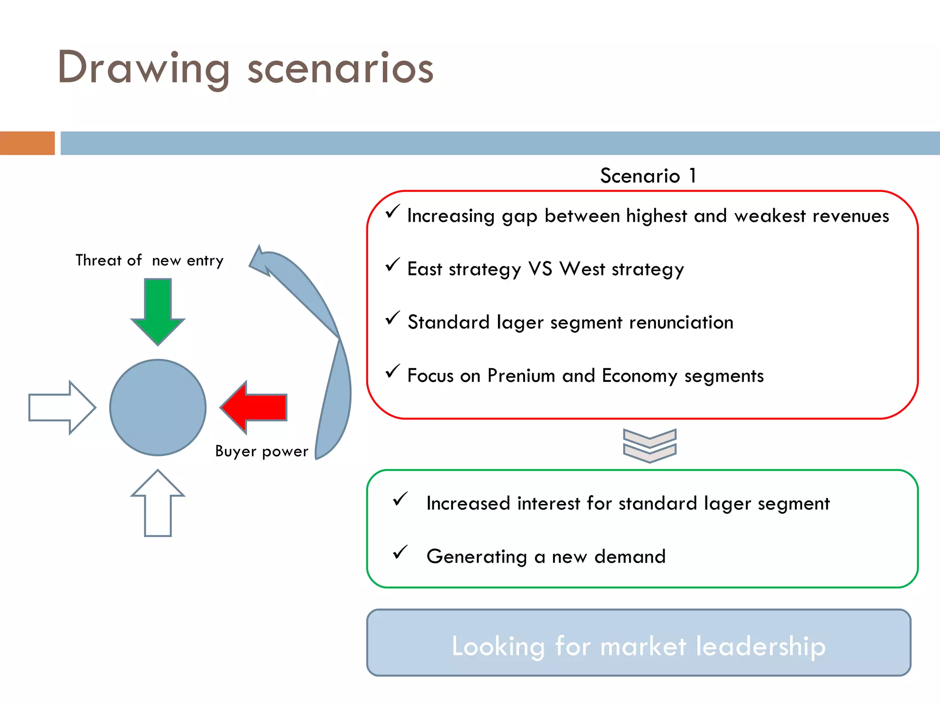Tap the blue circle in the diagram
[x=158, y=408]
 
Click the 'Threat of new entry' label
[x=150, y=261]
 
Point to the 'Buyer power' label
[x=262, y=452]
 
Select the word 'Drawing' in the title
[x=143, y=69]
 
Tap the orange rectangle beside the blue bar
[x=27, y=143]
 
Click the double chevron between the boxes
[x=649, y=445]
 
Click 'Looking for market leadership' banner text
[x=638, y=646]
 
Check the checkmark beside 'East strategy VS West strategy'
[x=392, y=265]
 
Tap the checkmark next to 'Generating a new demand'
[x=400, y=552]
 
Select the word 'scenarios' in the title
[x=340, y=69]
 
